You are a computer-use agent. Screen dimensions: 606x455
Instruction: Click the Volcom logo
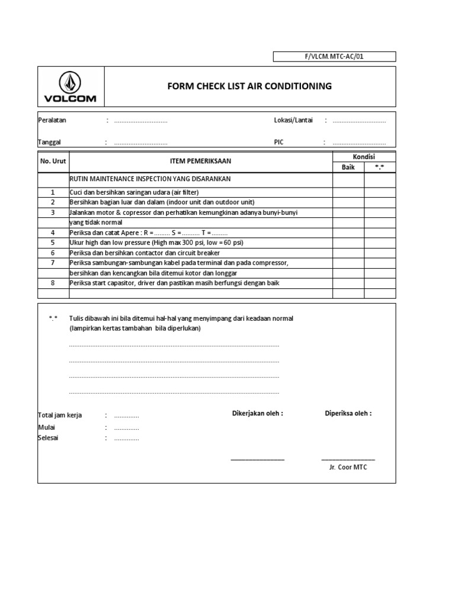pyautogui.click(x=71, y=87)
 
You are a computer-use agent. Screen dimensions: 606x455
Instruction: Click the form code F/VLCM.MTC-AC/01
pyautogui.click(x=334, y=57)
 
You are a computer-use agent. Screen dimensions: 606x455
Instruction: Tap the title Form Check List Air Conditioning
pyautogui.click(x=249, y=86)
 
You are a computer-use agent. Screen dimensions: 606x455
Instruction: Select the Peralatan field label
pyautogui.click(x=52, y=120)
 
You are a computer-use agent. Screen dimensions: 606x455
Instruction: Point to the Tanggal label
pyautogui.click(x=50, y=143)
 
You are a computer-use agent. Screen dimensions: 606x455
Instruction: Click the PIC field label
pyautogui.click(x=279, y=143)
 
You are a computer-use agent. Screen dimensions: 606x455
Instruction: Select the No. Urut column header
pyautogui.click(x=53, y=162)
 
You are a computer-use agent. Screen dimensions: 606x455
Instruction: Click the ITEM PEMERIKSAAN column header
pyautogui.click(x=201, y=162)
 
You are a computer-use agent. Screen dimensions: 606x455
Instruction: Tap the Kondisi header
pyautogui.click(x=363, y=157)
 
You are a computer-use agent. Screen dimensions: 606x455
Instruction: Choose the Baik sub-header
pyautogui.click(x=348, y=167)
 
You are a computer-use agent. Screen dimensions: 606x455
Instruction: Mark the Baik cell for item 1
pyautogui.click(x=348, y=192)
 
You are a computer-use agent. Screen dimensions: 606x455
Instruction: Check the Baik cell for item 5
pyautogui.click(x=348, y=243)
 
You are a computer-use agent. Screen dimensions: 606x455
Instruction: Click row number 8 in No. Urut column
pyautogui.click(x=53, y=283)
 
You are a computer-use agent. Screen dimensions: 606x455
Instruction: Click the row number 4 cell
pyautogui.click(x=53, y=233)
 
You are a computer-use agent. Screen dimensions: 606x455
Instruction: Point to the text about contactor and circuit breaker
pyautogui.click(x=145, y=253)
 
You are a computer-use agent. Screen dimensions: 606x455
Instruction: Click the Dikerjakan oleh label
pyautogui.click(x=257, y=413)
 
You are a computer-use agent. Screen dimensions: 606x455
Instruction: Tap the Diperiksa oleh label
pyautogui.click(x=348, y=413)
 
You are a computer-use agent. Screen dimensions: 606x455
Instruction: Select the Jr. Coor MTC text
pyautogui.click(x=348, y=467)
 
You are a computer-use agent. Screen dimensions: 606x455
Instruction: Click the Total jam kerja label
pyautogui.click(x=60, y=415)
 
